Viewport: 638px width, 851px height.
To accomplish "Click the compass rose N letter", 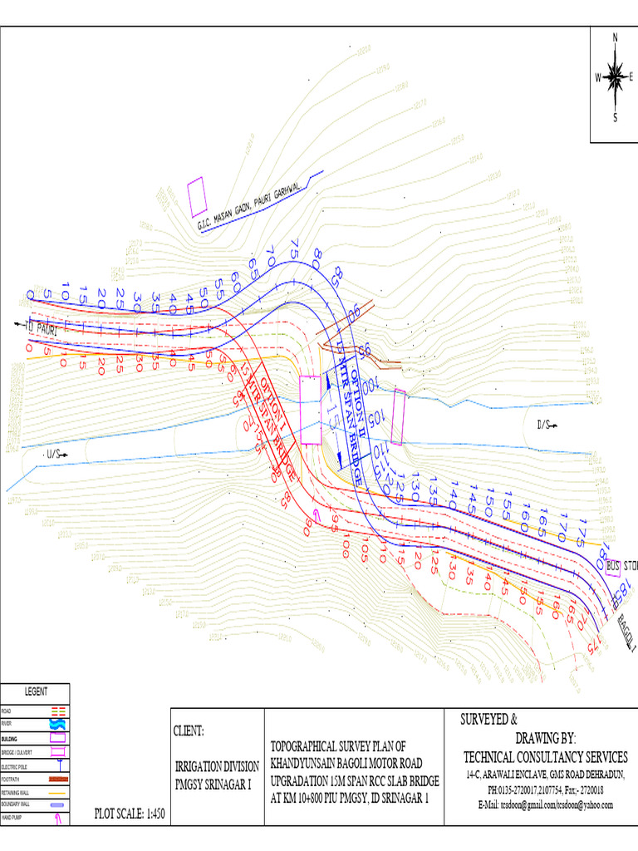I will tap(615, 37).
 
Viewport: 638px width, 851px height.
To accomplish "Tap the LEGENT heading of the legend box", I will tap(35, 691).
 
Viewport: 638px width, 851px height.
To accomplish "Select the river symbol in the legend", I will tap(58, 725).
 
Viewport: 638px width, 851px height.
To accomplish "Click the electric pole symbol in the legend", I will tap(58, 765).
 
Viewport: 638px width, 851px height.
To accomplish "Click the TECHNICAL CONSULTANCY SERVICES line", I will tap(545, 756).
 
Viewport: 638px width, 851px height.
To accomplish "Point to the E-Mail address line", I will tap(545, 804).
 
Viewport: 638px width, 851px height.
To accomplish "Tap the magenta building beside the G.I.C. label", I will tap(198, 197).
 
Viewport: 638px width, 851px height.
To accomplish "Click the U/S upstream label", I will tap(56, 454).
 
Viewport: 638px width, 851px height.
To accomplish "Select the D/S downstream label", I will tap(544, 425).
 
